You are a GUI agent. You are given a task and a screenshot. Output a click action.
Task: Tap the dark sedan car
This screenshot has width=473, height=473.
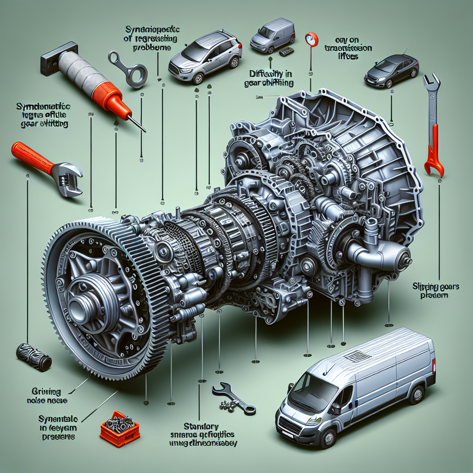(x=391, y=70)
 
